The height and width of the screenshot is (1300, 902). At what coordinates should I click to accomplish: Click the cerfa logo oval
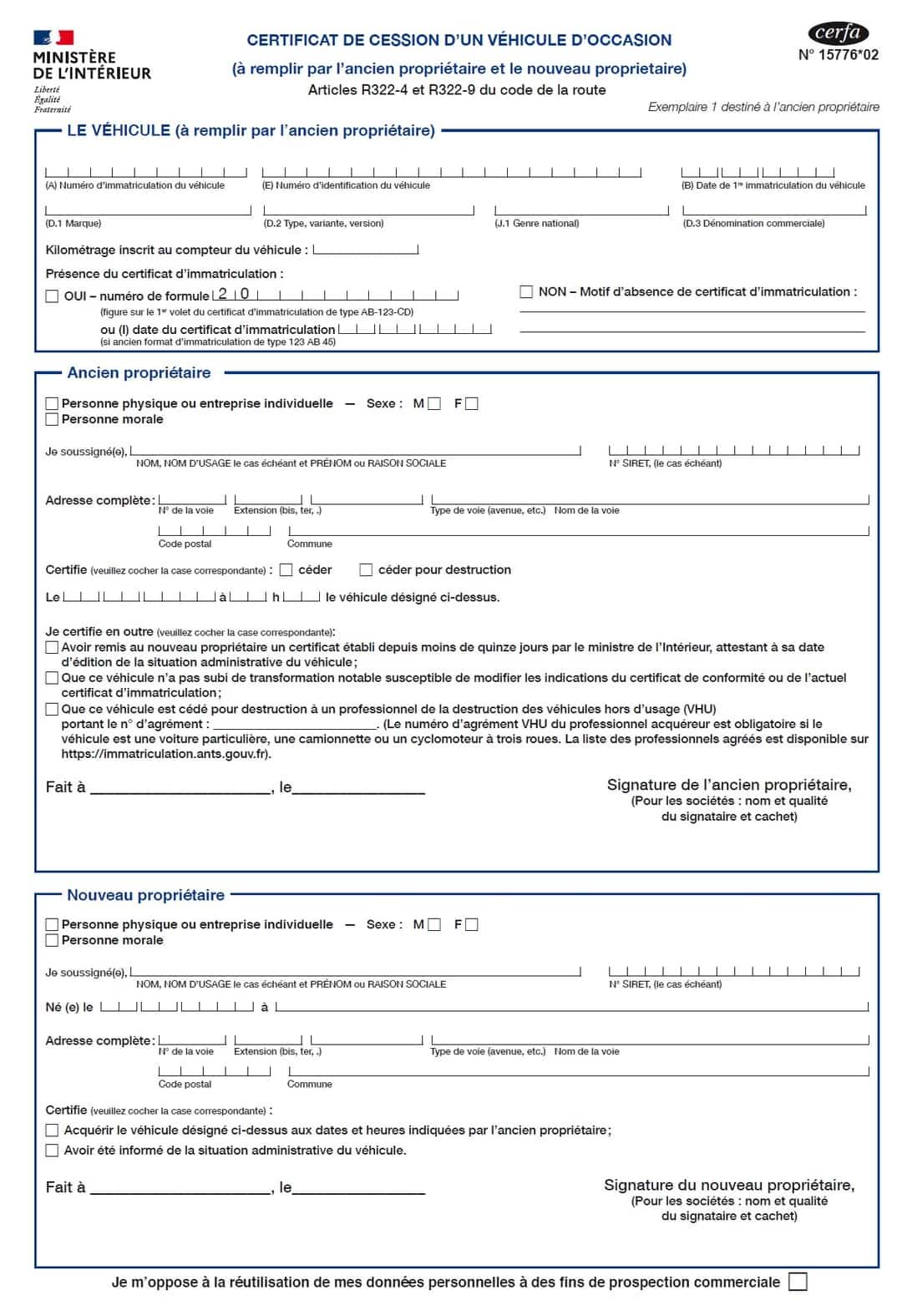pos(838,33)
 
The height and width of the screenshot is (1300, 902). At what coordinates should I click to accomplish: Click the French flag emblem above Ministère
pos(53,38)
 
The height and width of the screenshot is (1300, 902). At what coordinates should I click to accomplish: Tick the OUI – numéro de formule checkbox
pos(52,296)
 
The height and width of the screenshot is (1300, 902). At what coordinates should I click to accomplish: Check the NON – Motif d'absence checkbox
pos(526,291)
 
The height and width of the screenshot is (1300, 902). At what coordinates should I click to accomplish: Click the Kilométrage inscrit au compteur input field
pos(365,250)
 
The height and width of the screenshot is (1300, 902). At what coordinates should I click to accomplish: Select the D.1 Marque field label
pos(73,224)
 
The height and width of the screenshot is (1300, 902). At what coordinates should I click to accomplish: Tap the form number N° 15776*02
pos(838,55)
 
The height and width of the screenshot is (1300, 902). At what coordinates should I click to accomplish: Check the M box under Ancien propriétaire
pos(434,404)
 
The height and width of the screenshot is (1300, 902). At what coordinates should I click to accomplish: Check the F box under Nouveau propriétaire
pos(472,924)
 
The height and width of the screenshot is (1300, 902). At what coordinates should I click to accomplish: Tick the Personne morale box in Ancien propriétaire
pos(52,419)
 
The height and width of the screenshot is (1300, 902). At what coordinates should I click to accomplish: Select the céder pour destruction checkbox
pos(366,569)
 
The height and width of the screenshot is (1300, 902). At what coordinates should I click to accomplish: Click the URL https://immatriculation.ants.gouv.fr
pos(165,754)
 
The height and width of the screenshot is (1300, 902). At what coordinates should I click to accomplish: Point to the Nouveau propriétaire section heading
pos(145,895)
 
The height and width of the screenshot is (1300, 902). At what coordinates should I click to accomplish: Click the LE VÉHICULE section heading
pos(251,130)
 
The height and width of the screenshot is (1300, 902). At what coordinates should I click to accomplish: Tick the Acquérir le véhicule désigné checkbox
pos(52,1131)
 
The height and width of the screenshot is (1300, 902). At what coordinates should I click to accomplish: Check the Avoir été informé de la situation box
pos(52,1151)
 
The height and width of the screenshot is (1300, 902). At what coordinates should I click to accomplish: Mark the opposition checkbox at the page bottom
pos(798,1282)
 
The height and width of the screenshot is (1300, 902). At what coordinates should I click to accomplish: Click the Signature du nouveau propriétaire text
pos(728,1185)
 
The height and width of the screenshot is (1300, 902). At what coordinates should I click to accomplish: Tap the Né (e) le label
pos(68,1008)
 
